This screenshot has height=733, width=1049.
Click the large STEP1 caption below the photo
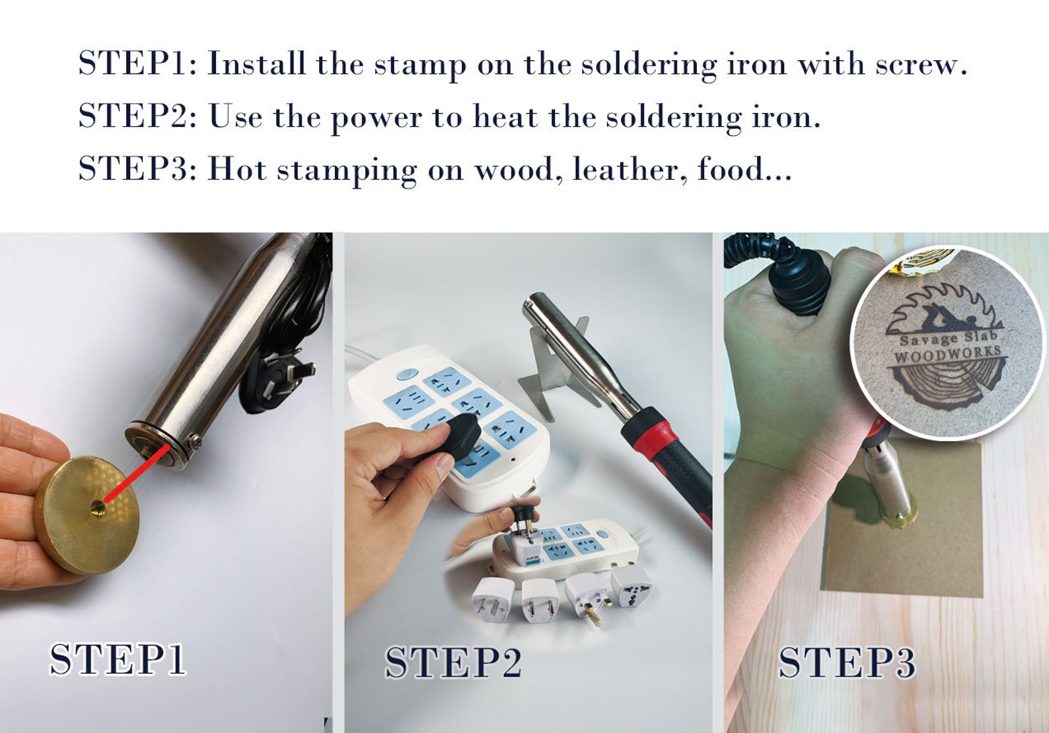click(x=118, y=659)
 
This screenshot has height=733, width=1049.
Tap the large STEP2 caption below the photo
click(x=453, y=662)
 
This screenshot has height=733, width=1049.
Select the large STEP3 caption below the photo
click(x=846, y=662)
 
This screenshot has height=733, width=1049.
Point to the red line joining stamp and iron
click(x=135, y=473)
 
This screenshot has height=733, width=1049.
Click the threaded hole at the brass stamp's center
click(x=98, y=507)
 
